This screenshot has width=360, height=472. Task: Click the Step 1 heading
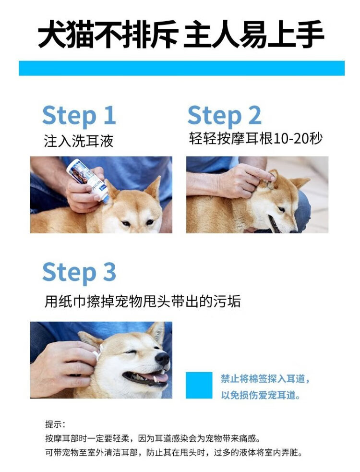(79, 115)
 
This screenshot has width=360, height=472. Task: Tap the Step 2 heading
(225, 115)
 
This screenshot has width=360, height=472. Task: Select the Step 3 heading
(79, 272)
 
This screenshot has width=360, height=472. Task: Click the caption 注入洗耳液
(79, 141)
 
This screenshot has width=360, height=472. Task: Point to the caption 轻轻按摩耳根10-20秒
(256, 138)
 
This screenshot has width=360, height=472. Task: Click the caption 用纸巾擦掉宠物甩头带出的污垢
(143, 301)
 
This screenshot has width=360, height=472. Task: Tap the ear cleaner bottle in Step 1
(87, 180)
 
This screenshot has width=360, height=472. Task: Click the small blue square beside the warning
(199, 385)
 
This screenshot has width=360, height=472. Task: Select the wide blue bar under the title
(181, 68)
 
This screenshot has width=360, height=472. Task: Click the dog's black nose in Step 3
(162, 359)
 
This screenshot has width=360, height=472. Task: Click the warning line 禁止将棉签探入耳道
(265, 379)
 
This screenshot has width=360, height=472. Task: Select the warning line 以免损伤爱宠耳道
(261, 395)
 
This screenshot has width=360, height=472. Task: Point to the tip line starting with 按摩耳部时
(153, 438)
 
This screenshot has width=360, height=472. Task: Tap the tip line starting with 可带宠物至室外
(174, 452)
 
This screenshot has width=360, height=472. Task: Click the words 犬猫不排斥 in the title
(108, 34)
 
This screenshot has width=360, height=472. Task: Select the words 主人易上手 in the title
(254, 34)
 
